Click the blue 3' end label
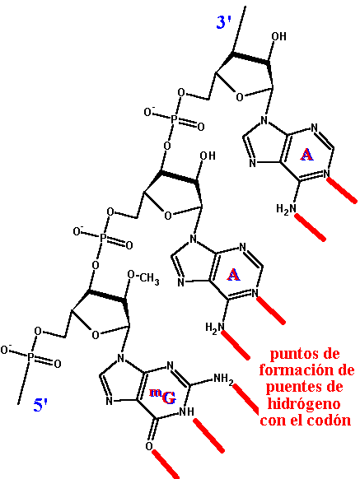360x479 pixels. click(223, 22)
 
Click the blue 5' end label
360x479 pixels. click(40, 405)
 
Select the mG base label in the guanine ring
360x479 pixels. click(163, 397)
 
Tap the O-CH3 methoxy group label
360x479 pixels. click(143, 278)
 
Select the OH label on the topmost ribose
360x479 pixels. click(278, 36)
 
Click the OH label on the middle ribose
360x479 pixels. click(208, 156)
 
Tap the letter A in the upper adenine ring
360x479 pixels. click(306, 155)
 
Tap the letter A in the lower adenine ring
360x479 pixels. click(233, 275)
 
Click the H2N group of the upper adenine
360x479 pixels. click(287, 209)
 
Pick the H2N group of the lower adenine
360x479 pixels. click(215, 328)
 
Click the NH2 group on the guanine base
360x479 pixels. click(223, 379)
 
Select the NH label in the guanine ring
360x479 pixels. click(186, 412)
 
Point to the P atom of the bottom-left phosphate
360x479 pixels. click(30, 357)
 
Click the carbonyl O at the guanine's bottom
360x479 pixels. click(148, 446)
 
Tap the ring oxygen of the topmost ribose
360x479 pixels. click(240, 97)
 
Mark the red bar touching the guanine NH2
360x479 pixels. click(245, 399)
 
